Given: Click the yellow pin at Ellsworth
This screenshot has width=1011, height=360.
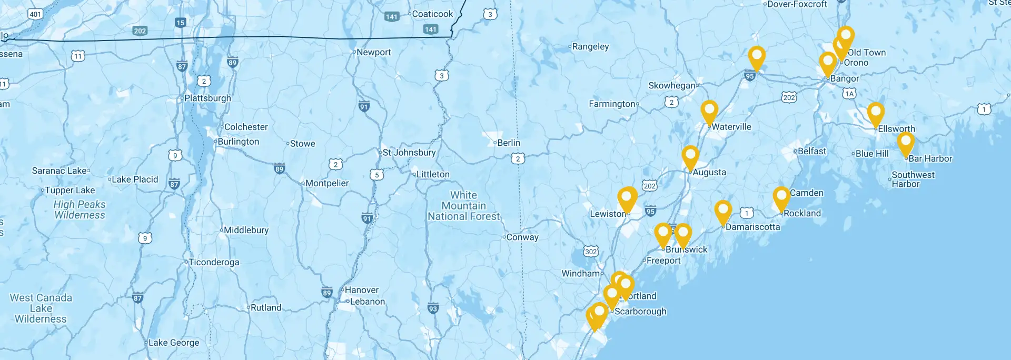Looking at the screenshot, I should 875,113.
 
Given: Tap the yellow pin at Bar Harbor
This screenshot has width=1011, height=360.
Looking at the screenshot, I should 906,142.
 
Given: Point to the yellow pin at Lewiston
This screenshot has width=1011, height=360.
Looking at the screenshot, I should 627,198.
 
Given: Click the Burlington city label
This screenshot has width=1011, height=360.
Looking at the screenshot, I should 238,142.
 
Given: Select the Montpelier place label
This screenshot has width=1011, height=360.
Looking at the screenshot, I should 327,183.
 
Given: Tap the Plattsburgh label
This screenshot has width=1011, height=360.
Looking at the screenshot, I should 207,98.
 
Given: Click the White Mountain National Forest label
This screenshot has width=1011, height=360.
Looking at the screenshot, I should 463,206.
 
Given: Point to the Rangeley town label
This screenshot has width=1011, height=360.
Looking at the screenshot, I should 590,46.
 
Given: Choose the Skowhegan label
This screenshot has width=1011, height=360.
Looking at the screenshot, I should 671,85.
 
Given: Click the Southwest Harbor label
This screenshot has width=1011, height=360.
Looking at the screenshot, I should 913,179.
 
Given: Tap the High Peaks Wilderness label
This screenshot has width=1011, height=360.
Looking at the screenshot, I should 80,209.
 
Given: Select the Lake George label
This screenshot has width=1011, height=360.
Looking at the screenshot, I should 174,343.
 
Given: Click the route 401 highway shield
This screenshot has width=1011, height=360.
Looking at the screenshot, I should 35,14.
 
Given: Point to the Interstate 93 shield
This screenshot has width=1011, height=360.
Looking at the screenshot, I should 433,309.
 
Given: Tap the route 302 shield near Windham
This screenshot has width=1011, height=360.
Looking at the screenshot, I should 591,252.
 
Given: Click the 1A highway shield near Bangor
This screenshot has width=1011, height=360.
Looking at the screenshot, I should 849,94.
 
